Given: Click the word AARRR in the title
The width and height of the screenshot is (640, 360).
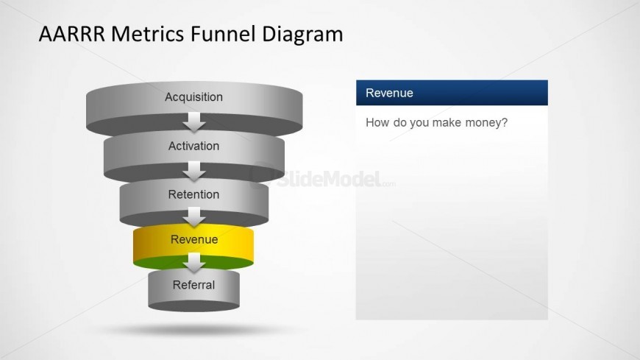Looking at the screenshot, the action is (72, 34).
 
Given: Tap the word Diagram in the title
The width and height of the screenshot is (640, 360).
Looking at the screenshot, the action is (302, 35).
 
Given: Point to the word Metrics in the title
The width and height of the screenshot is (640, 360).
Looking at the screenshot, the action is (148, 34).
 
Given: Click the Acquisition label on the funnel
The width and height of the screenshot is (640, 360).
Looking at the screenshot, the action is (194, 97).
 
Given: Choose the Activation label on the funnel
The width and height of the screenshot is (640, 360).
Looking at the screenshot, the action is (194, 146).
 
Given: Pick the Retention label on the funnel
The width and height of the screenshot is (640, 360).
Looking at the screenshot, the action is (194, 194).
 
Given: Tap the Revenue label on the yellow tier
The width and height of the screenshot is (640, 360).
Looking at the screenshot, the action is (194, 239).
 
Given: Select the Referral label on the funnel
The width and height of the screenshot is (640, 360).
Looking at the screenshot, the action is (194, 285).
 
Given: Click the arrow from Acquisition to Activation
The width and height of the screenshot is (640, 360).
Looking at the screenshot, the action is (194, 122).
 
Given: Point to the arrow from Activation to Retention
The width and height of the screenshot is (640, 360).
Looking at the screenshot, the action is (194, 172).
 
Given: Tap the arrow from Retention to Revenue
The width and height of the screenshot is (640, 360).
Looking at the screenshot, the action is (194, 217).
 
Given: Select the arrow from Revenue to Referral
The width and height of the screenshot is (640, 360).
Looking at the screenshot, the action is (194, 263).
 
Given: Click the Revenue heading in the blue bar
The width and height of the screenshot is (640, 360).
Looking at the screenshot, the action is (389, 93).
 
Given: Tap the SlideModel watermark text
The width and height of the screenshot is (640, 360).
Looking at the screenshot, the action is (329, 180).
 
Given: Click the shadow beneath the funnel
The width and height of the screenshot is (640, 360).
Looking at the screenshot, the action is (193, 330).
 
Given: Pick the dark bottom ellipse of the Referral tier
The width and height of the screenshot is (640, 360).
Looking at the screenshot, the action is (194, 306).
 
